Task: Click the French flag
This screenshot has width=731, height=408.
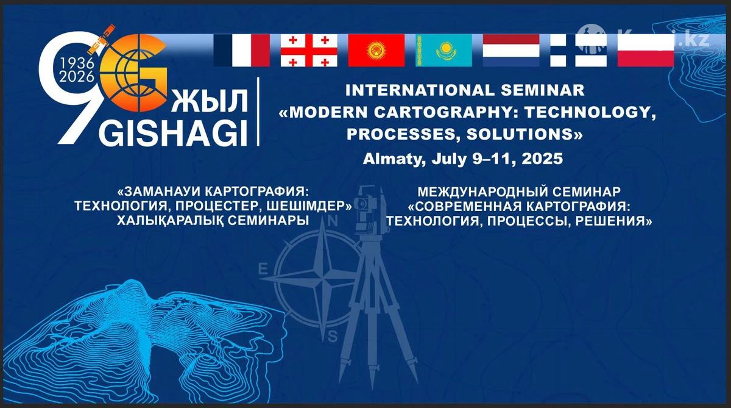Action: [242, 51]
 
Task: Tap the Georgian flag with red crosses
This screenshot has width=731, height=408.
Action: [309, 51]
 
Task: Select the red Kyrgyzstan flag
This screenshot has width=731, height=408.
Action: [376, 51]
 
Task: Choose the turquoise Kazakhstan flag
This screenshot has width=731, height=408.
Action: [444, 51]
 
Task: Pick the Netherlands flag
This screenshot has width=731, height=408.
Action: [511, 51]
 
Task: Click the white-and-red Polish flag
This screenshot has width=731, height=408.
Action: [646, 51]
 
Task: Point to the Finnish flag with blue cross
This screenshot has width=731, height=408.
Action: [579, 51]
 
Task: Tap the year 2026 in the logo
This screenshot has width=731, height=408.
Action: [77, 77]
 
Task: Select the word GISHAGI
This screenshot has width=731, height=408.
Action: [173, 134]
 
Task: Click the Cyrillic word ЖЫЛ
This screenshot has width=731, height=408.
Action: [210, 101]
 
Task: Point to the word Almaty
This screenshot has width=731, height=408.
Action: [394, 159]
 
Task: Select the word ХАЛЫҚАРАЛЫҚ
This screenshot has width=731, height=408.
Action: [170, 221]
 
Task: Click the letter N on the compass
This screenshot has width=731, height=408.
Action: [332, 222]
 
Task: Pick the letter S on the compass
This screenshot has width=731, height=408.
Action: [332, 336]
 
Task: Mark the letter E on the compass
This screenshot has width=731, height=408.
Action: [263, 270]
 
